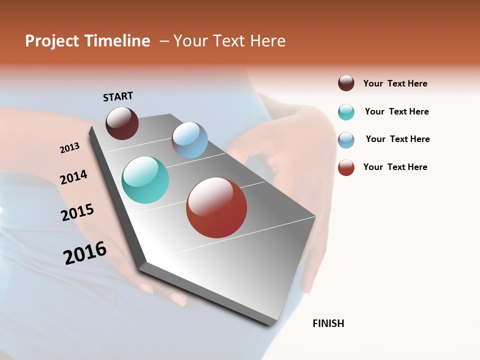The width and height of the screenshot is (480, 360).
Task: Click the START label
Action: [x=118, y=96]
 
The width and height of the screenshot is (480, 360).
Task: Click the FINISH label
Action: [x=328, y=323]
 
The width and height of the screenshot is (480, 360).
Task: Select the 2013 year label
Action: [x=69, y=148]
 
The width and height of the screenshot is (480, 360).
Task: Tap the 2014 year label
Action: [x=73, y=177]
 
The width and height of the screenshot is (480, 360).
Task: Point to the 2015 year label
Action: [x=77, y=212]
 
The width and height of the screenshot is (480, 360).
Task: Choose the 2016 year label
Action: [x=85, y=252]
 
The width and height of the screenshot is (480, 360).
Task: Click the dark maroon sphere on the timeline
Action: [x=122, y=123]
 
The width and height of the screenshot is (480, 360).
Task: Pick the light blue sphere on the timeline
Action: [x=189, y=140]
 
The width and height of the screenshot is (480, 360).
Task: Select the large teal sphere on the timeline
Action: [x=145, y=180]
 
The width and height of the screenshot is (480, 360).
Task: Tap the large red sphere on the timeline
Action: [x=216, y=207]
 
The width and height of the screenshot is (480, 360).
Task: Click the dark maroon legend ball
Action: [x=346, y=83]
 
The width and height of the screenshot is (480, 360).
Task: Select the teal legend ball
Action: [x=346, y=112]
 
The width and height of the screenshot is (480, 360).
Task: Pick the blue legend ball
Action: [x=346, y=140]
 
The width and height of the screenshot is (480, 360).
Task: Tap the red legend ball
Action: [x=346, y=167]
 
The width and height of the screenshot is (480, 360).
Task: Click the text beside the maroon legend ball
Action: [x=395, y=83]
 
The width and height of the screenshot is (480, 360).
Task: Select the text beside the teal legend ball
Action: [x=396, y=111]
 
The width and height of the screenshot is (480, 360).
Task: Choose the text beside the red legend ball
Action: [x=395, y=167]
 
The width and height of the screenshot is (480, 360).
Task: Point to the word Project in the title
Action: [x=52, y=41]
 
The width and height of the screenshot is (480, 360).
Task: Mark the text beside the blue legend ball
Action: [x=397, y=139]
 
